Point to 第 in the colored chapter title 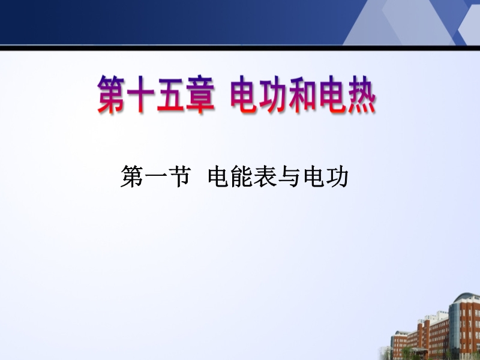112,94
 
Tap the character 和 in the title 303,94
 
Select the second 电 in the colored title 333,94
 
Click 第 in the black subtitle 131,176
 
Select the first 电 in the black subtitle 219,176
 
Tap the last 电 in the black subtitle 314,176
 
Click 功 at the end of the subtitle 338,176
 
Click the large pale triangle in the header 398,25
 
